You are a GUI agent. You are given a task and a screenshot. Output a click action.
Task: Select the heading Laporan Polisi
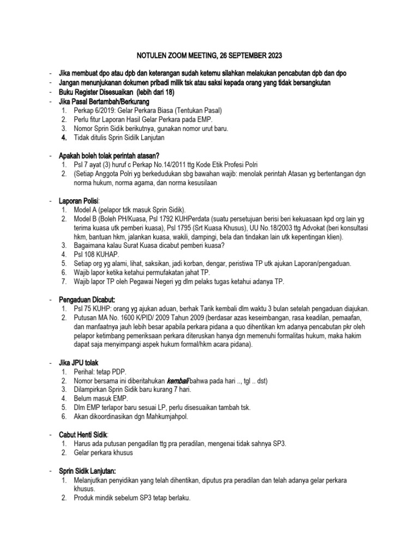coord(82,201)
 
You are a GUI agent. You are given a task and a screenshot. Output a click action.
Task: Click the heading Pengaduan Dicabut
coord(87,299)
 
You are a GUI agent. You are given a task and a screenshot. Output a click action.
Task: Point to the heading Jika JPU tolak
coord(80,362)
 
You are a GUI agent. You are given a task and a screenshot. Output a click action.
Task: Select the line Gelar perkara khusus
coord(104,453)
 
